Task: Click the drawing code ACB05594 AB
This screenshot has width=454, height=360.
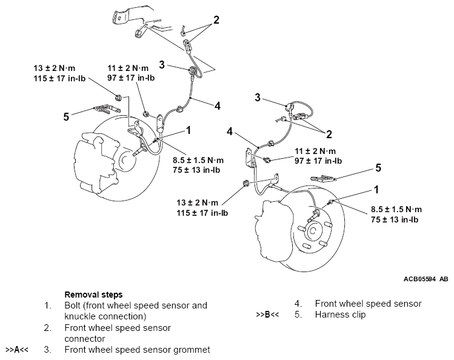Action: point(426,279)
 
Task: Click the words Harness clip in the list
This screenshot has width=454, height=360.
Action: point(340,315)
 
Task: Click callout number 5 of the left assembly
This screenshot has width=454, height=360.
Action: point(66,116)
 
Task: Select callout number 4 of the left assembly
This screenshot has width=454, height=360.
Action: point(217,104)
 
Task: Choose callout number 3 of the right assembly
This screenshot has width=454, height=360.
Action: point(258,97)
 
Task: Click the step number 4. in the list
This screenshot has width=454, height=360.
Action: point(299,304)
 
